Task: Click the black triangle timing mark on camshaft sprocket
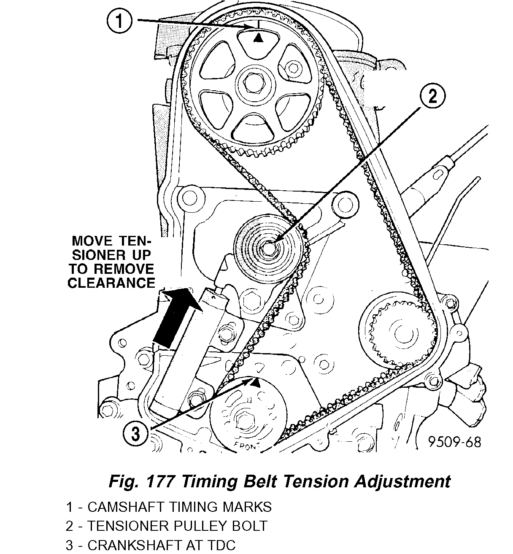[258, 38]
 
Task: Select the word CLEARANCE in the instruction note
[111, 282]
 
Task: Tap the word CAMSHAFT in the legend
[133, 507]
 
